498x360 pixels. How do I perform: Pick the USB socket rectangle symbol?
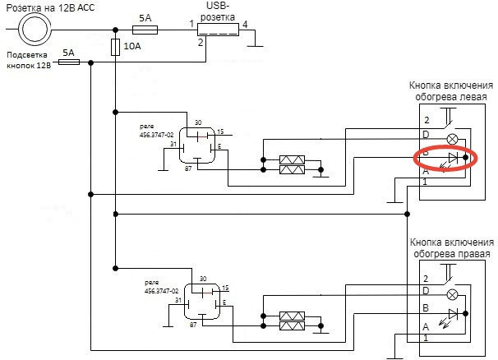tap(219, 30)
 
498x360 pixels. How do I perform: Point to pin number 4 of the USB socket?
tap(245, 24)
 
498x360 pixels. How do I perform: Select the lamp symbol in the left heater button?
tap(451, 136)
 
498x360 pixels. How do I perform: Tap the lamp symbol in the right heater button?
tap(451, 293)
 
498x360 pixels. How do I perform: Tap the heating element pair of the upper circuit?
tap(293, 164)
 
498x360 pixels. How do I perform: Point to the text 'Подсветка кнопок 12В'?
tap(30, 62)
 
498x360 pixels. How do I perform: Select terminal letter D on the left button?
tap(426, 135)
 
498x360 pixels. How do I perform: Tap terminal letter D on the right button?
tap(426, 292)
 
